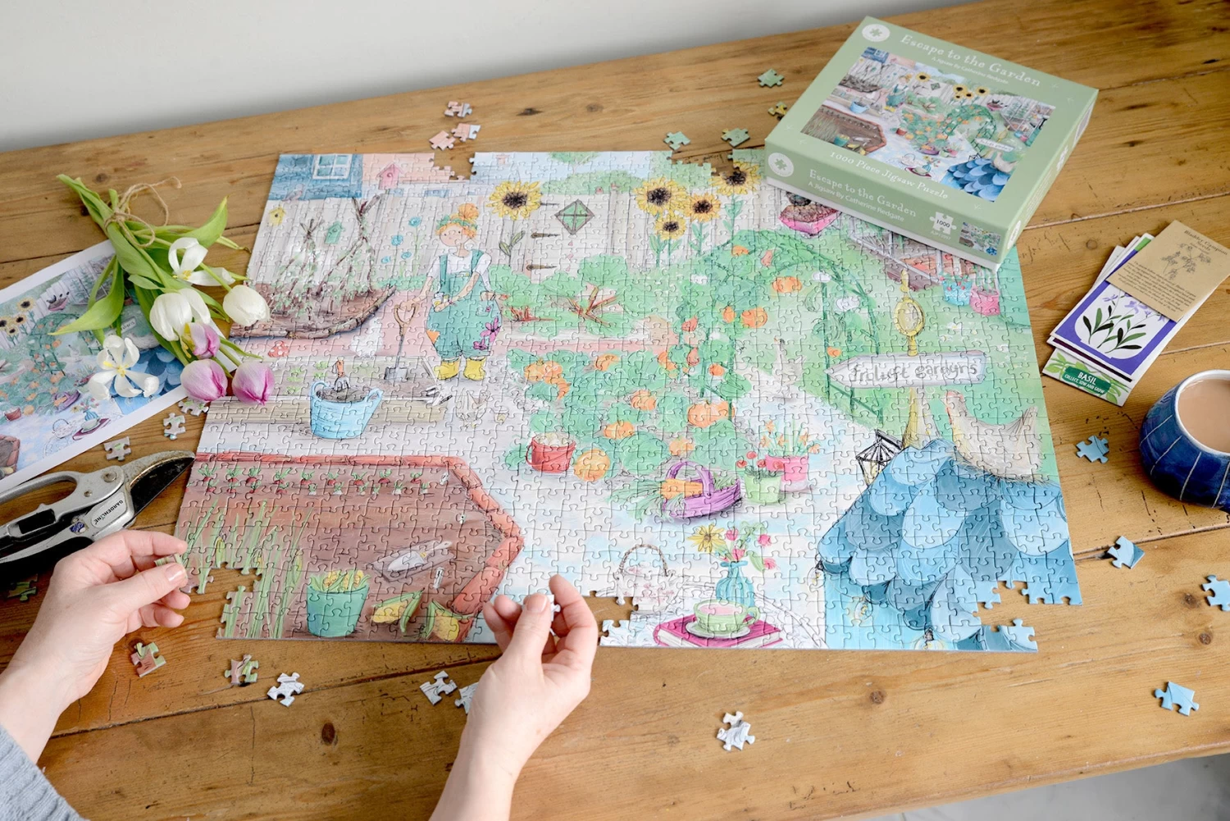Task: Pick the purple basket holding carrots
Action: tap(692, 492)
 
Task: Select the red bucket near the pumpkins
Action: tap(551, 454)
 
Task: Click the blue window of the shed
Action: tap(331, 168)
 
